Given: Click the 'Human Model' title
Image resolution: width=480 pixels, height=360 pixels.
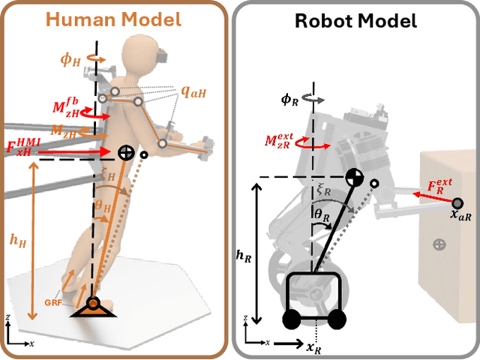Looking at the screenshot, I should coord(115,19).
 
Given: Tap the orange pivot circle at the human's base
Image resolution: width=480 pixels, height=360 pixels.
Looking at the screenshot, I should coord(94,304).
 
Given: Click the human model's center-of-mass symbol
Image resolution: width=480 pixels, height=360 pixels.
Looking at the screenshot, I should coord(125,153).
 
